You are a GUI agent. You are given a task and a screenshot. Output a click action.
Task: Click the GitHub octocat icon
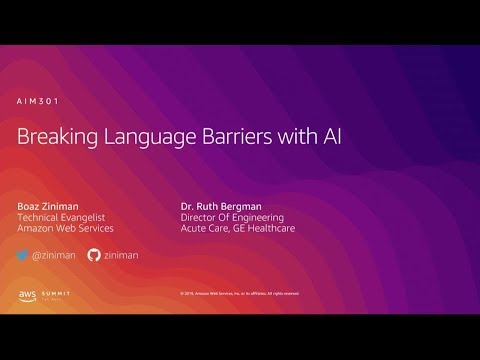tap(96, 255)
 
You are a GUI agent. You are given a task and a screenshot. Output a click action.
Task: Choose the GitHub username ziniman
tap(124, 255)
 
